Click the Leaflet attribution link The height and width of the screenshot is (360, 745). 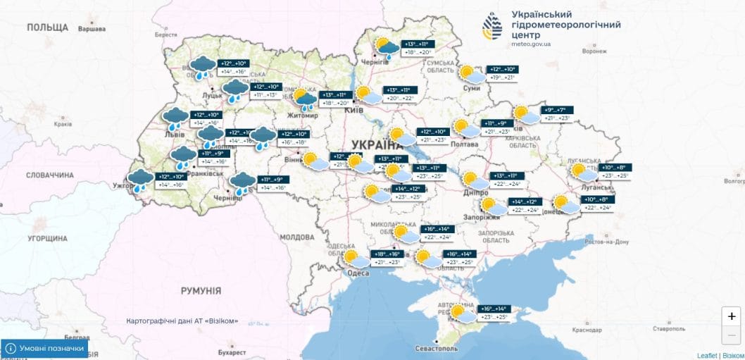coord(706,355)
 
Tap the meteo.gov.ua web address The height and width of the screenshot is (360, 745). coord(531,44)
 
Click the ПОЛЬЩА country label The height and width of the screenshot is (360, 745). coord(47,27)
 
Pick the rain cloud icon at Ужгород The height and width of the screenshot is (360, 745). coord(139,180)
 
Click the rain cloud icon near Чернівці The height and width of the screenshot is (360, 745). coord(243,183)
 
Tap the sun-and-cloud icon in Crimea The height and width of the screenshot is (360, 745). coord(462,314)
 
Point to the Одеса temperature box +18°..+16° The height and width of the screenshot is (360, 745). coord(387,259)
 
